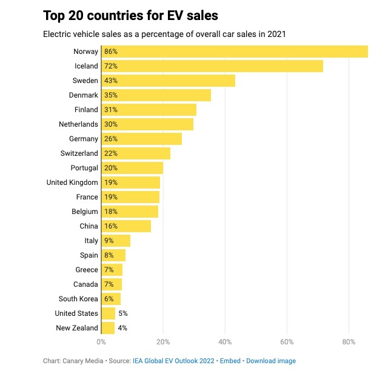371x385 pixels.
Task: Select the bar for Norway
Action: coord(235,52)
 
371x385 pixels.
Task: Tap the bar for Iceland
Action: coord(212,66)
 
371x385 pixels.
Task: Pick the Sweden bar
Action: coord(169,81)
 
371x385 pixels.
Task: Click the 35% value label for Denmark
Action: coord(110,95)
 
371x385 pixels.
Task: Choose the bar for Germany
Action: coord(142,139)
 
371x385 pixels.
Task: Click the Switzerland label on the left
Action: coord(79,153)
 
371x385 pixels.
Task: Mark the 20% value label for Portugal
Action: coord(110,168)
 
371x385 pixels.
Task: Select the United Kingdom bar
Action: coord(131,182)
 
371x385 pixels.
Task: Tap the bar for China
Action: coord(126,226)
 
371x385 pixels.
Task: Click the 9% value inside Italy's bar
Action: coord(109,241)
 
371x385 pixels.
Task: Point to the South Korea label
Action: coord(78,299)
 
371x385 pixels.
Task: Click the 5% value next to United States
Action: coord(123,313)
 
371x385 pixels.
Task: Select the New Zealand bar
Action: coord(108,328)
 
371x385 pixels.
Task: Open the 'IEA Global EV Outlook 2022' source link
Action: coord(173,361)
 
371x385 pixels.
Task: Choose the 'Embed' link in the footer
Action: coord(230,361)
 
